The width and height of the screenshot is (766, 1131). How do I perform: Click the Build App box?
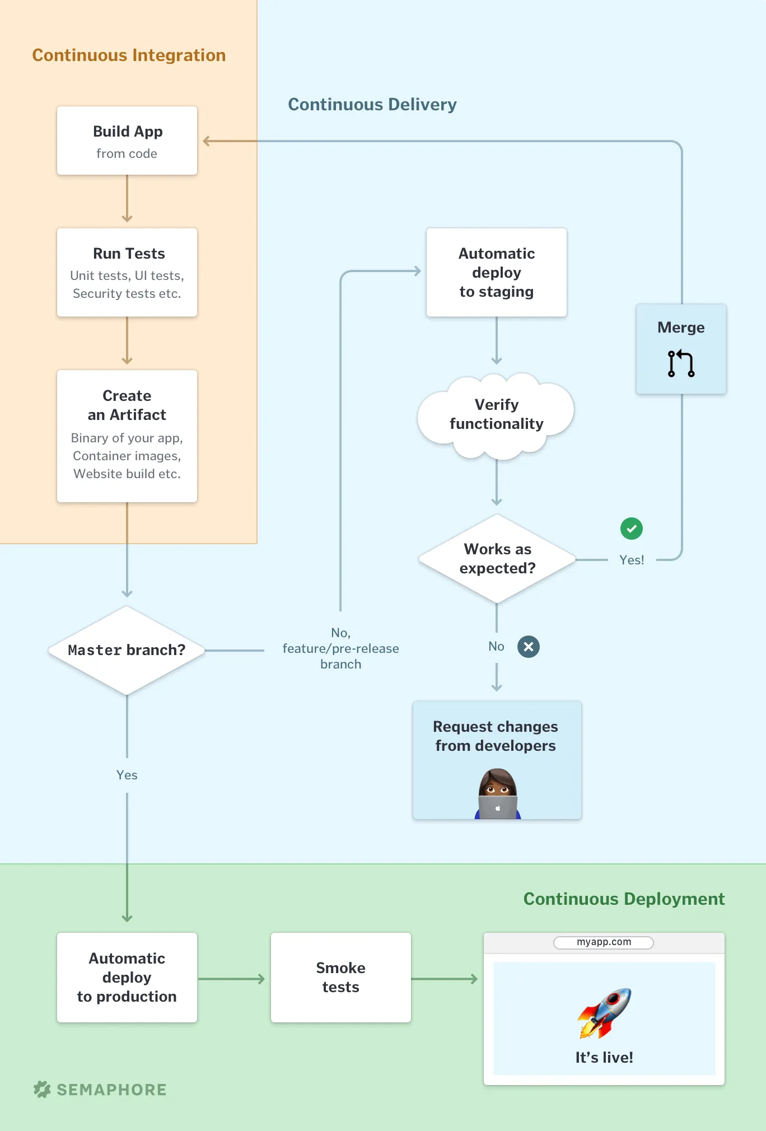pos(127,141)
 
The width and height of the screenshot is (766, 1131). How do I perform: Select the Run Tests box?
pos(127,272)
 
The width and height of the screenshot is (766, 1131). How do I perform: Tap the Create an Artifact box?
pos(127,436)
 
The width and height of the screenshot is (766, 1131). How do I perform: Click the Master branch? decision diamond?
pos(127,650)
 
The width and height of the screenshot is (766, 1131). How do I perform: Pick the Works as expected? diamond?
pos(497,559)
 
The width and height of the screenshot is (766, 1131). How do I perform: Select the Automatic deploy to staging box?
pos(497,272)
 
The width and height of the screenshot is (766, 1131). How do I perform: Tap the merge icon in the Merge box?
pos(681,363)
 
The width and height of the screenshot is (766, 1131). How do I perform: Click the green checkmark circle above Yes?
pos(632,529)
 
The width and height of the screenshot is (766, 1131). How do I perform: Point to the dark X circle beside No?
pos(529,647)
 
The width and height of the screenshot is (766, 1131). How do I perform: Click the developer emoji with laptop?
pos(497,794)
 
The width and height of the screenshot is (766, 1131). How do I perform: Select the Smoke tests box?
pos(340,978)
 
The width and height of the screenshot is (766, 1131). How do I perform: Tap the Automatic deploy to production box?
pos(127,978)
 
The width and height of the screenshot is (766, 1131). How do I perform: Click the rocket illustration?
pos(605,1012)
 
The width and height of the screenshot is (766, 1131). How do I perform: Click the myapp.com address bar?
pos(604,942)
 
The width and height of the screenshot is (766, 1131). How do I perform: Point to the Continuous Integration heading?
pos(129,55)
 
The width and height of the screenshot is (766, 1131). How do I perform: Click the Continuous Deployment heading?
pos(624,899)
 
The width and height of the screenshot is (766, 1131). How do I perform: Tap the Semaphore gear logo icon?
pos(42,1089)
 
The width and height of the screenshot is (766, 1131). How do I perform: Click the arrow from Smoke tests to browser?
pos(445,979)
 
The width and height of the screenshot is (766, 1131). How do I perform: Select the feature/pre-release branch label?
pos(340,648)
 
